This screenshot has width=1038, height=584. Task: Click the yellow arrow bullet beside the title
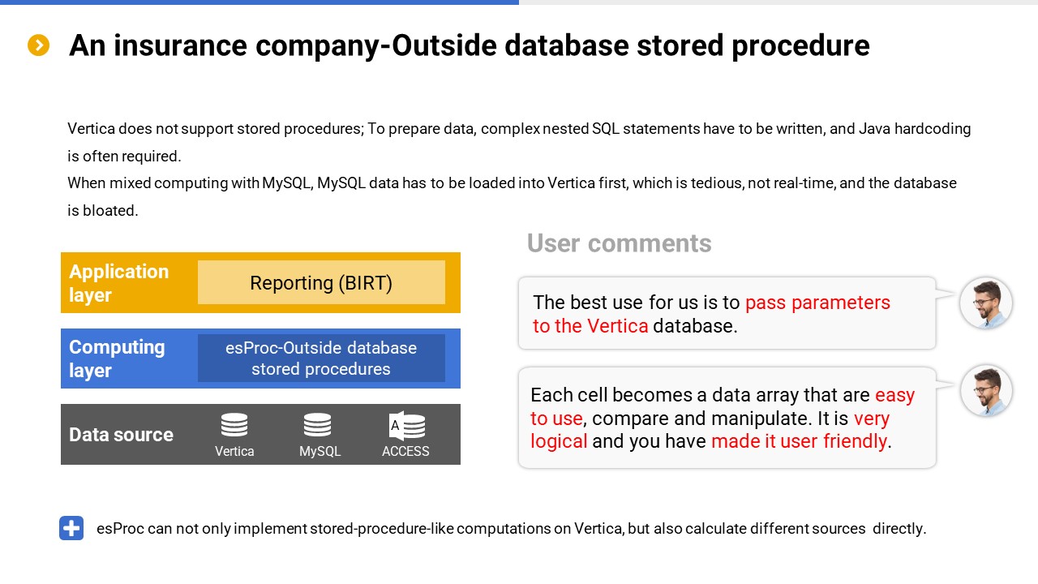click(x=38, y=45)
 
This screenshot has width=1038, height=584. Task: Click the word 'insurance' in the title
click(x=180, y=45)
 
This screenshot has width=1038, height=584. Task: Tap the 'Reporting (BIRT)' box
click(x=321, y=282)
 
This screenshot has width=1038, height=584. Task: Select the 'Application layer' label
click(x=118, y=283)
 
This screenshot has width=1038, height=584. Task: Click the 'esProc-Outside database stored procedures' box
click(x=321, y=359)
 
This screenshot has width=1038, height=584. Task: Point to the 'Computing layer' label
click(x=117, y=359)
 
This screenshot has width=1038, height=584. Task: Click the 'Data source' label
click(x=121, y=435)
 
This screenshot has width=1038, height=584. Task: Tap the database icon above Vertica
click(x=234, y=424)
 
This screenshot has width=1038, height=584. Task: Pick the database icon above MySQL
click(x=317, y=424)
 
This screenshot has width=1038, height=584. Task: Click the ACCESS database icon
click(x=407, y=425)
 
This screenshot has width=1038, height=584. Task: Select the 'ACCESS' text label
click(x=405, y=451)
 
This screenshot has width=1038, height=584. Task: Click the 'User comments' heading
click(x=619, y=243)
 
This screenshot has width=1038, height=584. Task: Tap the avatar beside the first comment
click(x=985, y=303)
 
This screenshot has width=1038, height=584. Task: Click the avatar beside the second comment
click(x=985, y=390)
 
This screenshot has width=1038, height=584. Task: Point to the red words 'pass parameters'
click(x=817, y=303)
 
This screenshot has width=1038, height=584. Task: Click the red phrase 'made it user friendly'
click(x=799, y=440)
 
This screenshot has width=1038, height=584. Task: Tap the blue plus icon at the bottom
click(x=71, y=528)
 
